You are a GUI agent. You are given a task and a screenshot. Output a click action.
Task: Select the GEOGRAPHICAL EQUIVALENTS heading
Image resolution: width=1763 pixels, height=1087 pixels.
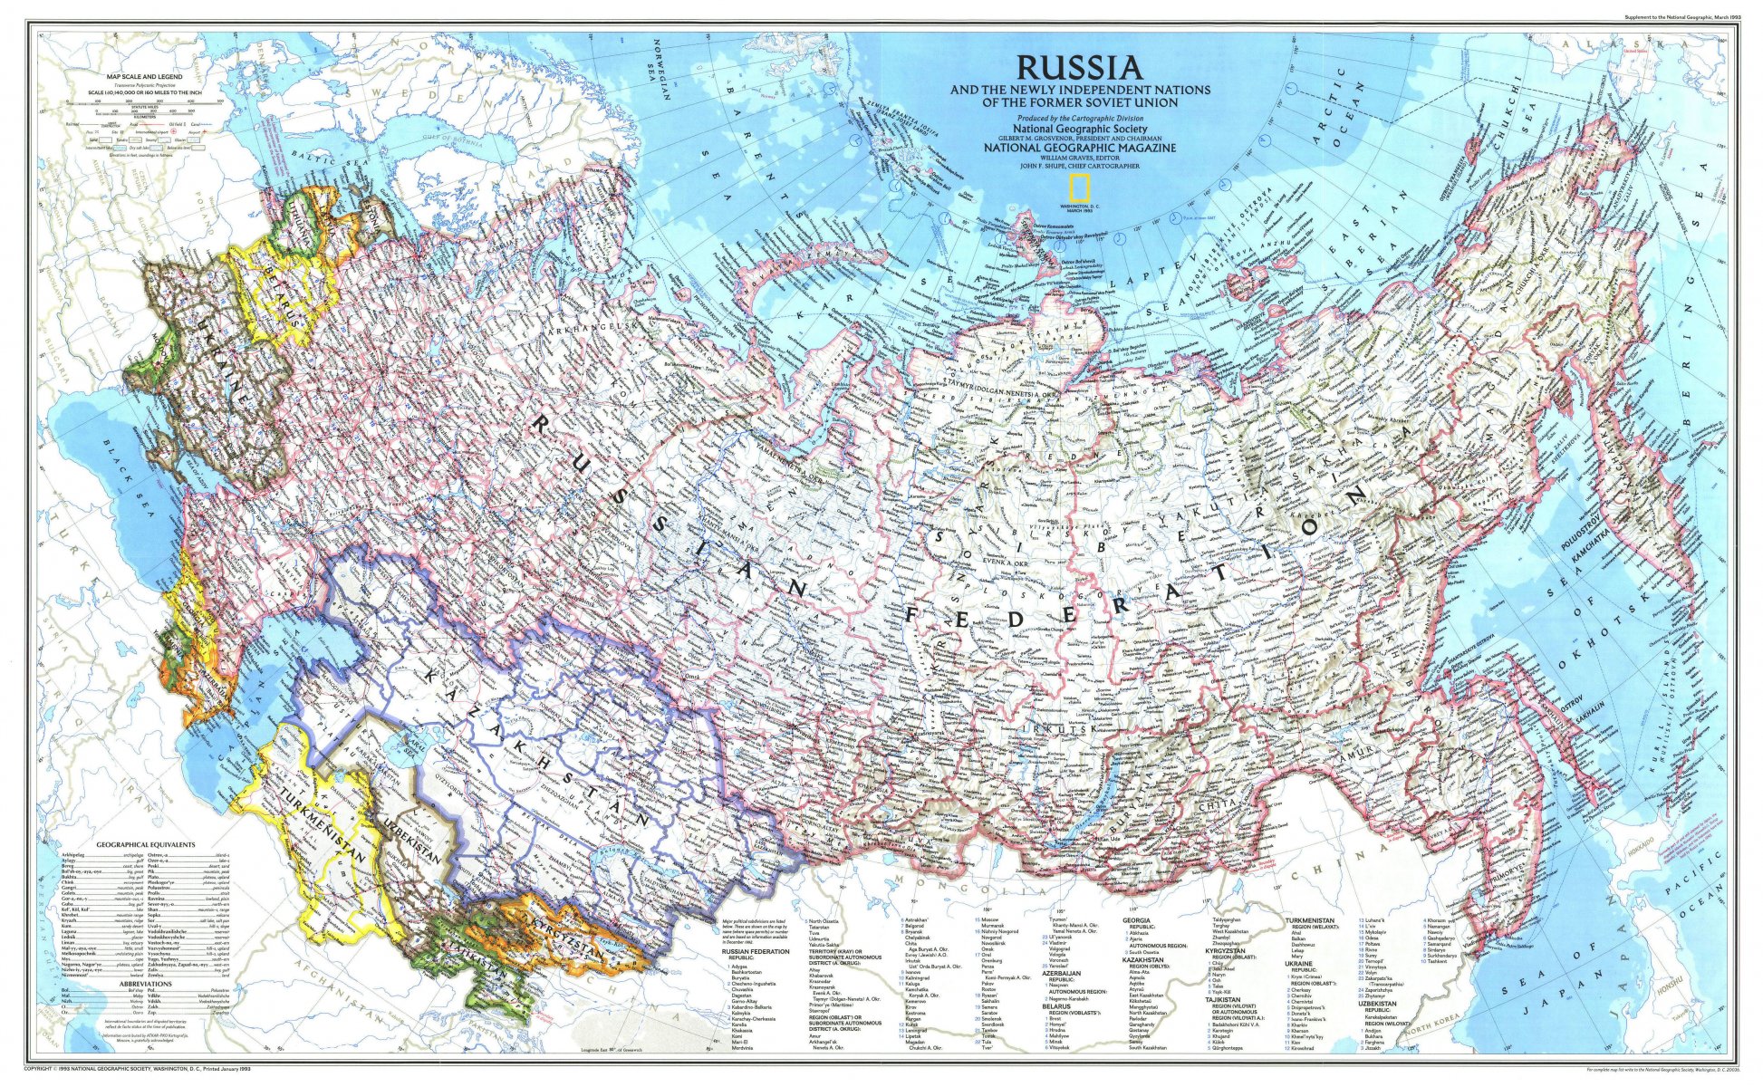[x=145, y=844]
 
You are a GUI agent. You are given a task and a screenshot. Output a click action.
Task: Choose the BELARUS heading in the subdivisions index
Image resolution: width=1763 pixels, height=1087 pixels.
[x=1056, y=1006]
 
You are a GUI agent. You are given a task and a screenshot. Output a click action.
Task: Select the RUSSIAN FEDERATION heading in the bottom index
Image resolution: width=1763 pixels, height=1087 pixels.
[x=751, y=951]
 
